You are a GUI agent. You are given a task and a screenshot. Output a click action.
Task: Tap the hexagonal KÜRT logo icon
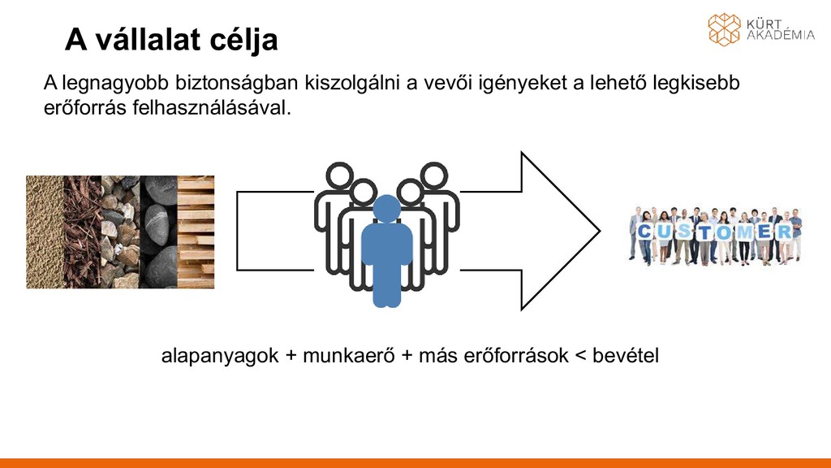coord(724,29)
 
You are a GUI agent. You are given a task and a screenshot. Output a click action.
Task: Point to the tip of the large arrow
coord(598,232)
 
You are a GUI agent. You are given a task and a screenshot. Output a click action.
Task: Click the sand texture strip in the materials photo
coord(45,232)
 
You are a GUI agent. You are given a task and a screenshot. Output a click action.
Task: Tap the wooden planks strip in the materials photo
coord(196,232)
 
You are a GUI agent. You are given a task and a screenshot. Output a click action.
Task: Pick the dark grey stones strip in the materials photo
coord(157,232)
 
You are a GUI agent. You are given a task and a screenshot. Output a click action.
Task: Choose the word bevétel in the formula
coord(626,356)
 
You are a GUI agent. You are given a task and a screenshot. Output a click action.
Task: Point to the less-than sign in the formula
coord(579,357)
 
